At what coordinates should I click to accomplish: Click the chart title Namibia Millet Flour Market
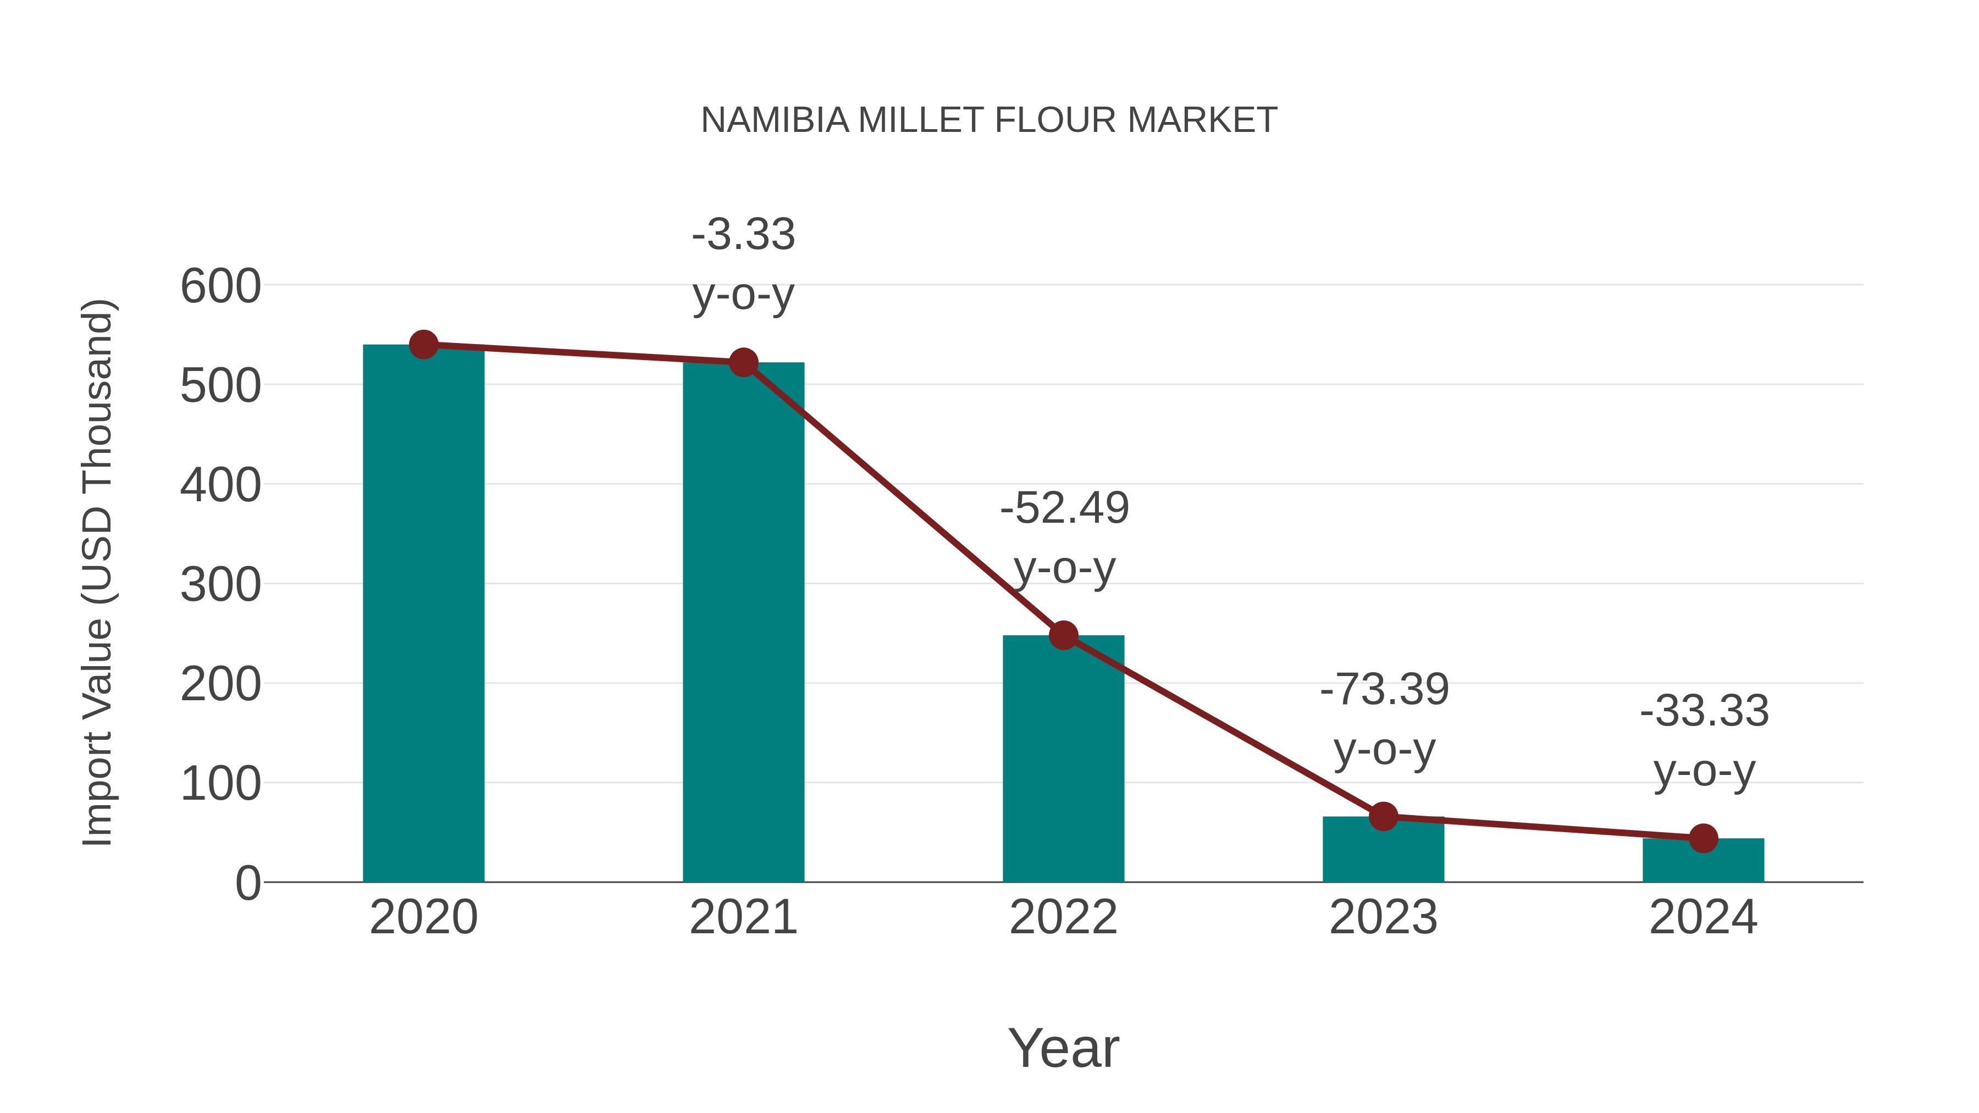[x=989, y=120]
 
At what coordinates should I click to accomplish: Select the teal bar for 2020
[x=423, y=614]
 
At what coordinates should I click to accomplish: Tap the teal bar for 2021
[x=743, y=622]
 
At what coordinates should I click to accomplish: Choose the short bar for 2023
[x=1383, y=851]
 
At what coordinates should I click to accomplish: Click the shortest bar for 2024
[x=1703, y=861]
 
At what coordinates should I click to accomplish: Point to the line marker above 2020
[x=423, y=345]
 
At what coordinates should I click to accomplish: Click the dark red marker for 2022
[x=1063, y=635]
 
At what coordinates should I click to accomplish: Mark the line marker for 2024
[x=1703, y=838]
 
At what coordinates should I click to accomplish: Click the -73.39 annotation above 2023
[x=1384, y=719]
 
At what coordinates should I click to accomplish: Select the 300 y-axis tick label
[x=220, y=585]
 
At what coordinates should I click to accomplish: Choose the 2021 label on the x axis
[x=743, y=917]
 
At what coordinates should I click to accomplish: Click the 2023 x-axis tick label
[x=1383, y=917]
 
